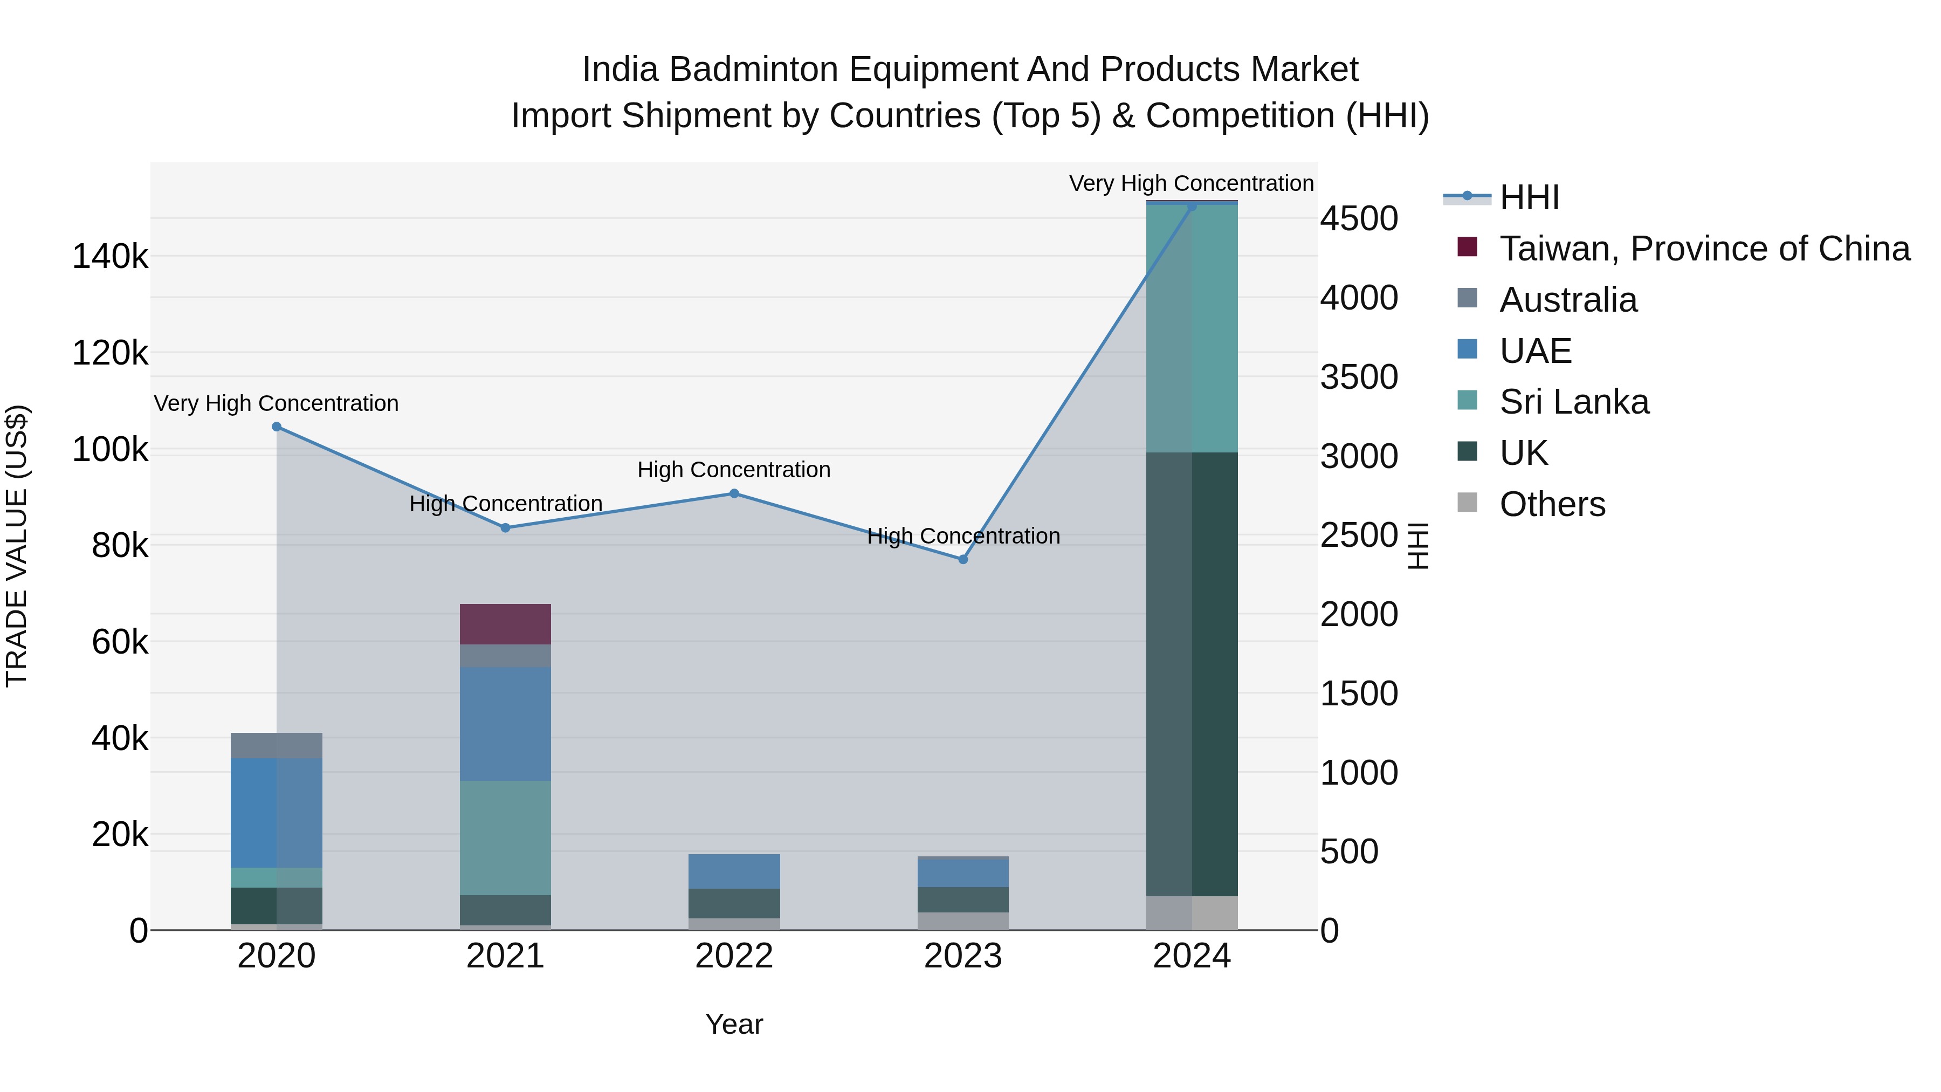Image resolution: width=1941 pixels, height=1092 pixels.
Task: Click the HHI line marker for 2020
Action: tap(277, 427)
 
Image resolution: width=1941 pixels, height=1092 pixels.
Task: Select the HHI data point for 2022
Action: tap(734, 493)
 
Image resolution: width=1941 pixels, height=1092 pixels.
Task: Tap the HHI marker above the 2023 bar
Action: tap(962, 559)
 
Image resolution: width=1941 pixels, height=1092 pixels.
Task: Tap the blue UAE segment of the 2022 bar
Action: tap(734, 871)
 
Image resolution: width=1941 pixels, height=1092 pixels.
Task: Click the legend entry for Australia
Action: tap(1568, 300)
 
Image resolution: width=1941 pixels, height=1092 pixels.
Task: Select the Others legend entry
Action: tap(1552, 504)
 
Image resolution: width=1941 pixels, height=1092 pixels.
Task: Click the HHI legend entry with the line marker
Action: tap(1529, 197)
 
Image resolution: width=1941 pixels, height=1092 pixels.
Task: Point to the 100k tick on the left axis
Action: tap(110, 450)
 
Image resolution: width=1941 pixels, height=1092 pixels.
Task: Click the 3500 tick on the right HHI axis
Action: tap(1359, 377)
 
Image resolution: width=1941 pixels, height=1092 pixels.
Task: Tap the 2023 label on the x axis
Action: tap(962, 956)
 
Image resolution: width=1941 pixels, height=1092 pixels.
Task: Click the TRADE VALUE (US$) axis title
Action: tap(17, 546)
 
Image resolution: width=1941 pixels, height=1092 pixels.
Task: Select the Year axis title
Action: tap(734, 1024)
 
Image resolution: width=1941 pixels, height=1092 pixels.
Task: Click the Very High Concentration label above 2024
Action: tap(1190, 183)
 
